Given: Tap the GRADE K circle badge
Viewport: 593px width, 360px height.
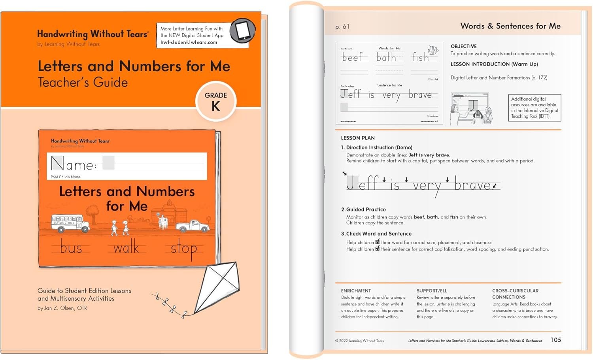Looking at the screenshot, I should [x=216, y=102].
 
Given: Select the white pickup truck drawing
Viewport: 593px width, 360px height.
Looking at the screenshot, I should [x=193, y=226].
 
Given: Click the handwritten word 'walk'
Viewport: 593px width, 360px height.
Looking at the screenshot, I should [x=126, y=248].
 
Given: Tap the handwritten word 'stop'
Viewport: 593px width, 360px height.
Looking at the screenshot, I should [x=183, y=249].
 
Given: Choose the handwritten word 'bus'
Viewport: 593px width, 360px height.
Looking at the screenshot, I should [x=71, y=248].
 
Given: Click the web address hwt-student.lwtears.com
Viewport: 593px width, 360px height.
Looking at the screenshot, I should [x=189, y=42].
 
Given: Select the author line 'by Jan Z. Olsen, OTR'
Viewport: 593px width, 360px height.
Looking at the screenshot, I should [x=62, y=308].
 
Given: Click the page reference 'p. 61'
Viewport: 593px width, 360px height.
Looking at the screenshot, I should [x=342, y=27].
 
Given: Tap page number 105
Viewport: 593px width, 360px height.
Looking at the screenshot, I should [x=555, y=340].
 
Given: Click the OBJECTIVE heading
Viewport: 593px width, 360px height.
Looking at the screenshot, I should [x=464, y=46].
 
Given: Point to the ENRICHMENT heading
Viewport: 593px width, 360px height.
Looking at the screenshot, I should [x=356, y=290].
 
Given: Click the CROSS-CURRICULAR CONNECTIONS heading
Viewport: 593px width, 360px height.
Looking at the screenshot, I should [x=515, y=294].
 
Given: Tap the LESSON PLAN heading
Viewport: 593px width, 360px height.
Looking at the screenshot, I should [x=358, y=138].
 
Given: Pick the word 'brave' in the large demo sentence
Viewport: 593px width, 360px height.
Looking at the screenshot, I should [x=472, y=185].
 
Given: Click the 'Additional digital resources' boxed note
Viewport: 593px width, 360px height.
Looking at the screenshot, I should [x=534, y=107].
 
